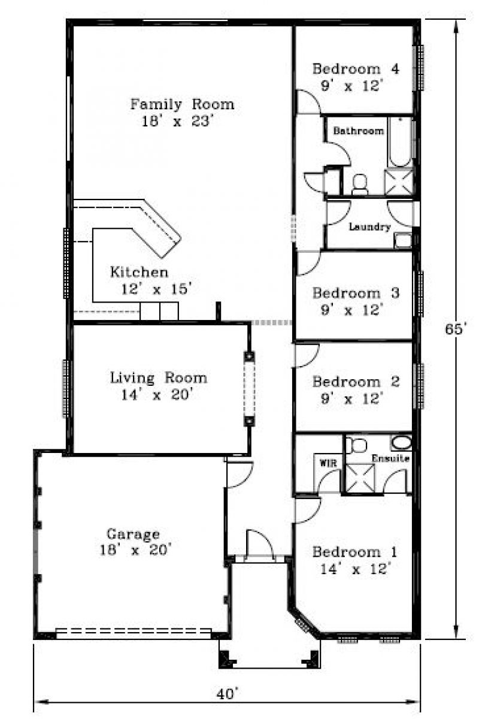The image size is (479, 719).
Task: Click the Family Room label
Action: (x=182, y=104)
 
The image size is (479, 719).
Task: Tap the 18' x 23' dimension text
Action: (x=177, y=121)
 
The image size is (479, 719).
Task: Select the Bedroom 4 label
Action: (x=356, y=69)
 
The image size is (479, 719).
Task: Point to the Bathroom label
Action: (x=359, y=131)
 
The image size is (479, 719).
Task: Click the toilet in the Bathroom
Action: (x=360, y=184)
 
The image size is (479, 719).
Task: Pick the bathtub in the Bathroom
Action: (x=400, y=141)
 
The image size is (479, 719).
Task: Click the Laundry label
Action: (x=369, y=227)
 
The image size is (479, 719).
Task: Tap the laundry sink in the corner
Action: (x=403, y=241)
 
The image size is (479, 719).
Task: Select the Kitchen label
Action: (x=139, y=272)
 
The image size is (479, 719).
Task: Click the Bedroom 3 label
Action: (x=356, y=293)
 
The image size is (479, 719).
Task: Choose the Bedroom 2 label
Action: (x=356, y=382)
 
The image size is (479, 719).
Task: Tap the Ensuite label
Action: (x=390, y=458)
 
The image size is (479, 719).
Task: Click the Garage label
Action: (x=133, y=534)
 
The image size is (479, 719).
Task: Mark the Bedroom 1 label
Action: (x=355, y=552)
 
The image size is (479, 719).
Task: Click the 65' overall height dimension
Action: (x=454, y=329)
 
